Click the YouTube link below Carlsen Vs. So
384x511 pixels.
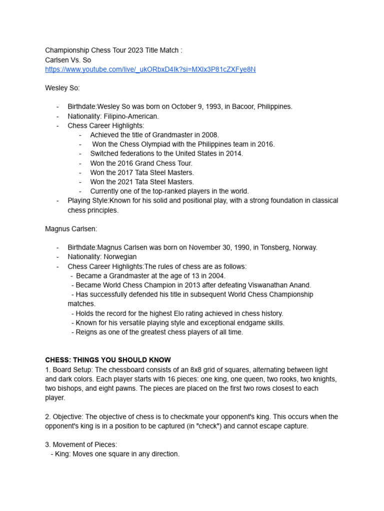coord(150,69)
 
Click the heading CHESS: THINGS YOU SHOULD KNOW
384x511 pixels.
coord(108,360)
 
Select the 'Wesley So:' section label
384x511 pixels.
coord(62,88)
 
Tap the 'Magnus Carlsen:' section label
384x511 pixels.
coord(71,229)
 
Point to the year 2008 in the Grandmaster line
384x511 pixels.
coord(210,135)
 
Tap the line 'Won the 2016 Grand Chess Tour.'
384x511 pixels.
coord(141,163)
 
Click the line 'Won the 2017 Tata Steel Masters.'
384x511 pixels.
coord(142,172)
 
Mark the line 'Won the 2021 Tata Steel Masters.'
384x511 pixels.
coord(142,182)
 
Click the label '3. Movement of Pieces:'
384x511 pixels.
coord(81,445)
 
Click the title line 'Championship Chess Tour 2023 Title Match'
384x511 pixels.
coord(113,50)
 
